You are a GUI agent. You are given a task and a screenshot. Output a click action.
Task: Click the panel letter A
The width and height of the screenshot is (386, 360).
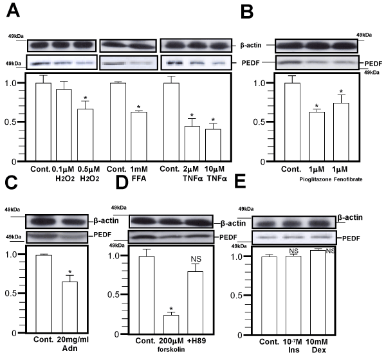(x=14, y=11)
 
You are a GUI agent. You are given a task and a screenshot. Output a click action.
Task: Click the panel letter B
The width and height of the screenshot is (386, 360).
(x=247, y=13)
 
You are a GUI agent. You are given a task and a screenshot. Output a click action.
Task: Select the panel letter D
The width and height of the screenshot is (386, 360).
(x=122, y=183)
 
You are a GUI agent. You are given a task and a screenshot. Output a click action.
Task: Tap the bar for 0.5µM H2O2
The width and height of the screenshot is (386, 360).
(x=86, y=135)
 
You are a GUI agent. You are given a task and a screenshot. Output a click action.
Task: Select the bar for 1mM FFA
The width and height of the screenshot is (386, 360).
(x=139, y=136)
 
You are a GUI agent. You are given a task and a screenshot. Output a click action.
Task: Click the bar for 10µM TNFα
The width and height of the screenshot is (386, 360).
(x=213, y=145)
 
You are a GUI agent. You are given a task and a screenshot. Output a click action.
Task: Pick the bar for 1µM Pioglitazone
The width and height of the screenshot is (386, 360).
(x=317, y=136)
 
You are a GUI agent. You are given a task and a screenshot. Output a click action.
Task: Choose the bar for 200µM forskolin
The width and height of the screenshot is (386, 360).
(x=171, y=325)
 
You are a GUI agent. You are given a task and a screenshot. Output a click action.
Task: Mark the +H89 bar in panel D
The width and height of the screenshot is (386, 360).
(x=195, y=303)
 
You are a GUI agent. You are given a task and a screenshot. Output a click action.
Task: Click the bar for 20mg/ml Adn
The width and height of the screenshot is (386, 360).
(x=69, y=307)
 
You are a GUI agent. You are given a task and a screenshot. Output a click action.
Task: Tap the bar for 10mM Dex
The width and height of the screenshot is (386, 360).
(x=318, y=292)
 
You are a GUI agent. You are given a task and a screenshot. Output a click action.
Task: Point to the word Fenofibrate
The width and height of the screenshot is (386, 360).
(x=348, y=179)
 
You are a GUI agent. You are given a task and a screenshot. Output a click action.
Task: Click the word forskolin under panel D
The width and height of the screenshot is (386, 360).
(x=171, y=350)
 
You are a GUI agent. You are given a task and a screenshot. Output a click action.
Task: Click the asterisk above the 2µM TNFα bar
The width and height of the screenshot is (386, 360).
(x=192, y=115)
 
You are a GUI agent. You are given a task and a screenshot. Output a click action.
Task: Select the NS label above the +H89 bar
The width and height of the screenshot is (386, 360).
(x=196, y=259)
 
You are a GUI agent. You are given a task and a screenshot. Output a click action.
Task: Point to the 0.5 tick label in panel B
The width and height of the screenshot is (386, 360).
(x=259, y=122)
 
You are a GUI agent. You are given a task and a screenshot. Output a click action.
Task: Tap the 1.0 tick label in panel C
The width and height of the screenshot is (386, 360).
(x=11, y=255)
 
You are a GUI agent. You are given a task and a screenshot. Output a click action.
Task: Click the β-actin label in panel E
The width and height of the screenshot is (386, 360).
(x=350, y=217)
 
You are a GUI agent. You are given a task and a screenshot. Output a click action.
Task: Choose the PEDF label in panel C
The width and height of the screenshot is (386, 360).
(x=102, y=235)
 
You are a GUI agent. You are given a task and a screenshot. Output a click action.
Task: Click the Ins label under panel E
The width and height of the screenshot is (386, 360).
(x=294, y=350)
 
